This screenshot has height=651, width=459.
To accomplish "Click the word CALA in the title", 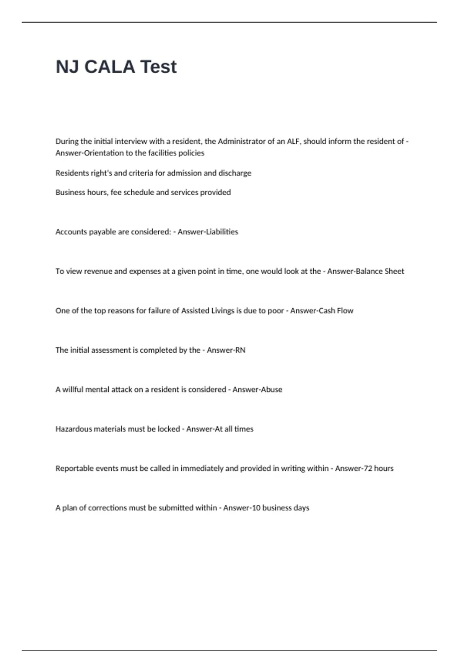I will (x=109, y=67).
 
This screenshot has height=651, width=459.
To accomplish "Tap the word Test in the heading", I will (x=158, y=67).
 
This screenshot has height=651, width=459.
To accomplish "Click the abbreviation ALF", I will (x=293, y=141).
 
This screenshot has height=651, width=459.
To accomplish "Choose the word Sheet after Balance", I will (x=394, y=271).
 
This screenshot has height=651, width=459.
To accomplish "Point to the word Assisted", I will (x=195, y=311).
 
